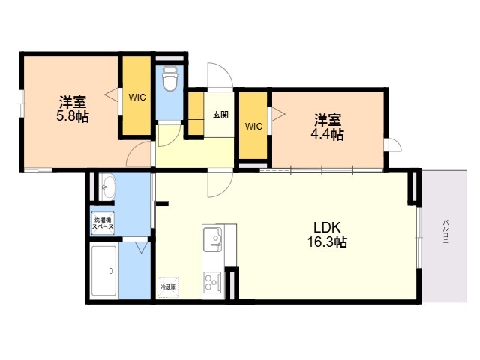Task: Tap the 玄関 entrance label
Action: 220,115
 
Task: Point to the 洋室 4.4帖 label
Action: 328,127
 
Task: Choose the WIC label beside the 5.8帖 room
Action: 136,97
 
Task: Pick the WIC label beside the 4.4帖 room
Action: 253,126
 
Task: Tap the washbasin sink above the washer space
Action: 106,187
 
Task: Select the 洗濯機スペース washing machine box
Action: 103,223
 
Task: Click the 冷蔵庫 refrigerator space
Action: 167,286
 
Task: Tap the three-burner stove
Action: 211,282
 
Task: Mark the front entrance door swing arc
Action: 220,76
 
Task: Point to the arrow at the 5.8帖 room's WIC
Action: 109,95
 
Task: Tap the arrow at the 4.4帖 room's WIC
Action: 279,114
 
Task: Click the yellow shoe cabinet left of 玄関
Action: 196,114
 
